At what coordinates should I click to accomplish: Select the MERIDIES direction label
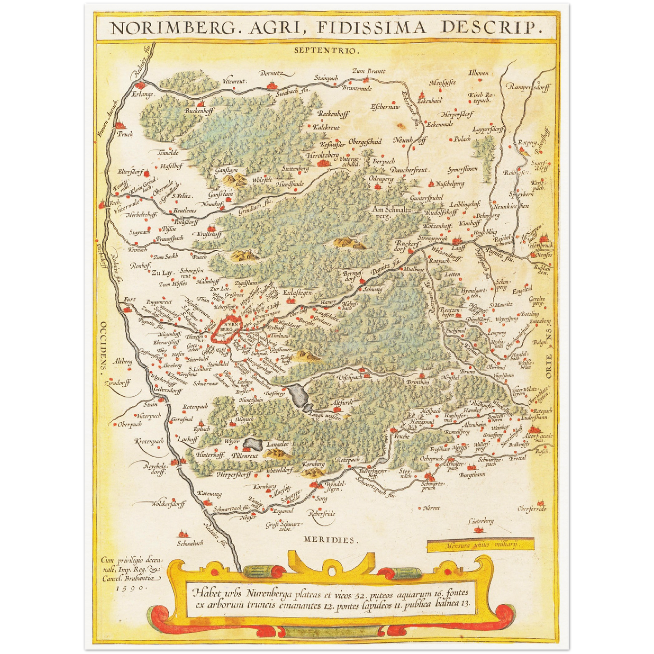point(331,540)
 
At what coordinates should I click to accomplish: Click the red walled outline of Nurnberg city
point(225,330)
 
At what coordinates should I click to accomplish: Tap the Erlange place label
point(143,95)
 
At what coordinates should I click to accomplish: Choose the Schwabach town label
point(190,543)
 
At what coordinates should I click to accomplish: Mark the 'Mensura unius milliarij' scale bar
point(480,545)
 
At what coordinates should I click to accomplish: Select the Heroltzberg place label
point(322,155)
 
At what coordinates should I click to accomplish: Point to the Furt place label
point(129,300)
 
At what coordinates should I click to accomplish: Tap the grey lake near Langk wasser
point(299,396)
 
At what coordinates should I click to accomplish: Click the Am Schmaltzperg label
point(391,212)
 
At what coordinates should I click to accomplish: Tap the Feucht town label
point(401,436)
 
